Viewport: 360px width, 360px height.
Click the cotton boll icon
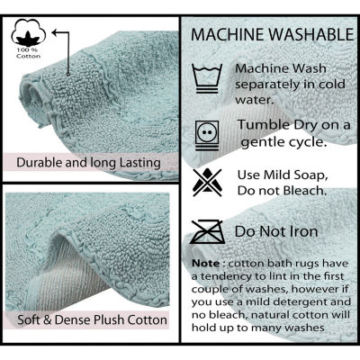tap(29, 32)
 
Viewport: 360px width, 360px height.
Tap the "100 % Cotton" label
tap(29, 53)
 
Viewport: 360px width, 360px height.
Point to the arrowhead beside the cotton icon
tap(56, 32)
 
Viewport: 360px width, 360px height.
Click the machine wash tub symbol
tap(207, 78)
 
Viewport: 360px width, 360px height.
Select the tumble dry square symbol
tap(207, 135)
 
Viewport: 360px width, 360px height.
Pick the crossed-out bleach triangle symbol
tap(207, 183)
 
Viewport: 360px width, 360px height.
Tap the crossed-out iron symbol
tap(208, 231)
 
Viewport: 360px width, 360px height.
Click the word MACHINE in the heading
tap(228, 34)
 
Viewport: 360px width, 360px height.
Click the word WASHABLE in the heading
tap(311, 34)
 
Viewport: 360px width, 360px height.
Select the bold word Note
tap(206, 264)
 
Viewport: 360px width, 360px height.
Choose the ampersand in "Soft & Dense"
tap(48, 319)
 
